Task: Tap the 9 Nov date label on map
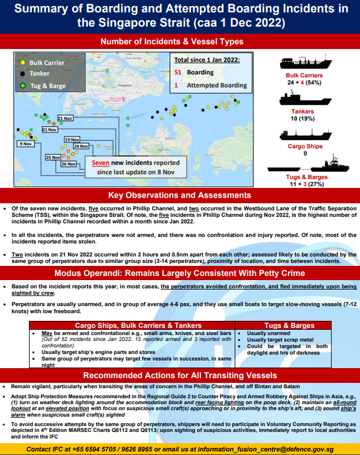[25, 144]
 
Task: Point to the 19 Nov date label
[72, 139]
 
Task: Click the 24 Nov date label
[81, 146]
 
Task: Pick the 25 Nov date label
[53, 158]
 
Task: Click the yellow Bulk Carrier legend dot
[22, 62]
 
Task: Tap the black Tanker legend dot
[22, 73]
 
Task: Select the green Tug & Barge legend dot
[22, 85]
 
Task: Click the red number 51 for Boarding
[178, 73]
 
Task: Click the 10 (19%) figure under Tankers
[303, 118]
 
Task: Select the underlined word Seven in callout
[101, 162]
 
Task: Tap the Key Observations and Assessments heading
[180, 196]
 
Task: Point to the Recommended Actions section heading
[180, 376]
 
